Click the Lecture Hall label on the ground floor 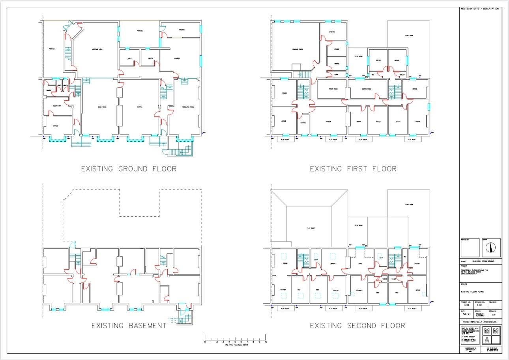(97, 49)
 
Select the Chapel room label (139, 107)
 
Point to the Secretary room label (57, 105)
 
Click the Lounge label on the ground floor (177, 58)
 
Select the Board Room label (367, 89)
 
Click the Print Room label (333, 89)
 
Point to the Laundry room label (359, 290)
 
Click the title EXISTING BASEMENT (129, 326)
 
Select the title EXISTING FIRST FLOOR (353, 169)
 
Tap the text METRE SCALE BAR (235, 345)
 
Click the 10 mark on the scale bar (266, 341)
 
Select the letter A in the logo (487, 340)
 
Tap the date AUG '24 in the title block (466, 314)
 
